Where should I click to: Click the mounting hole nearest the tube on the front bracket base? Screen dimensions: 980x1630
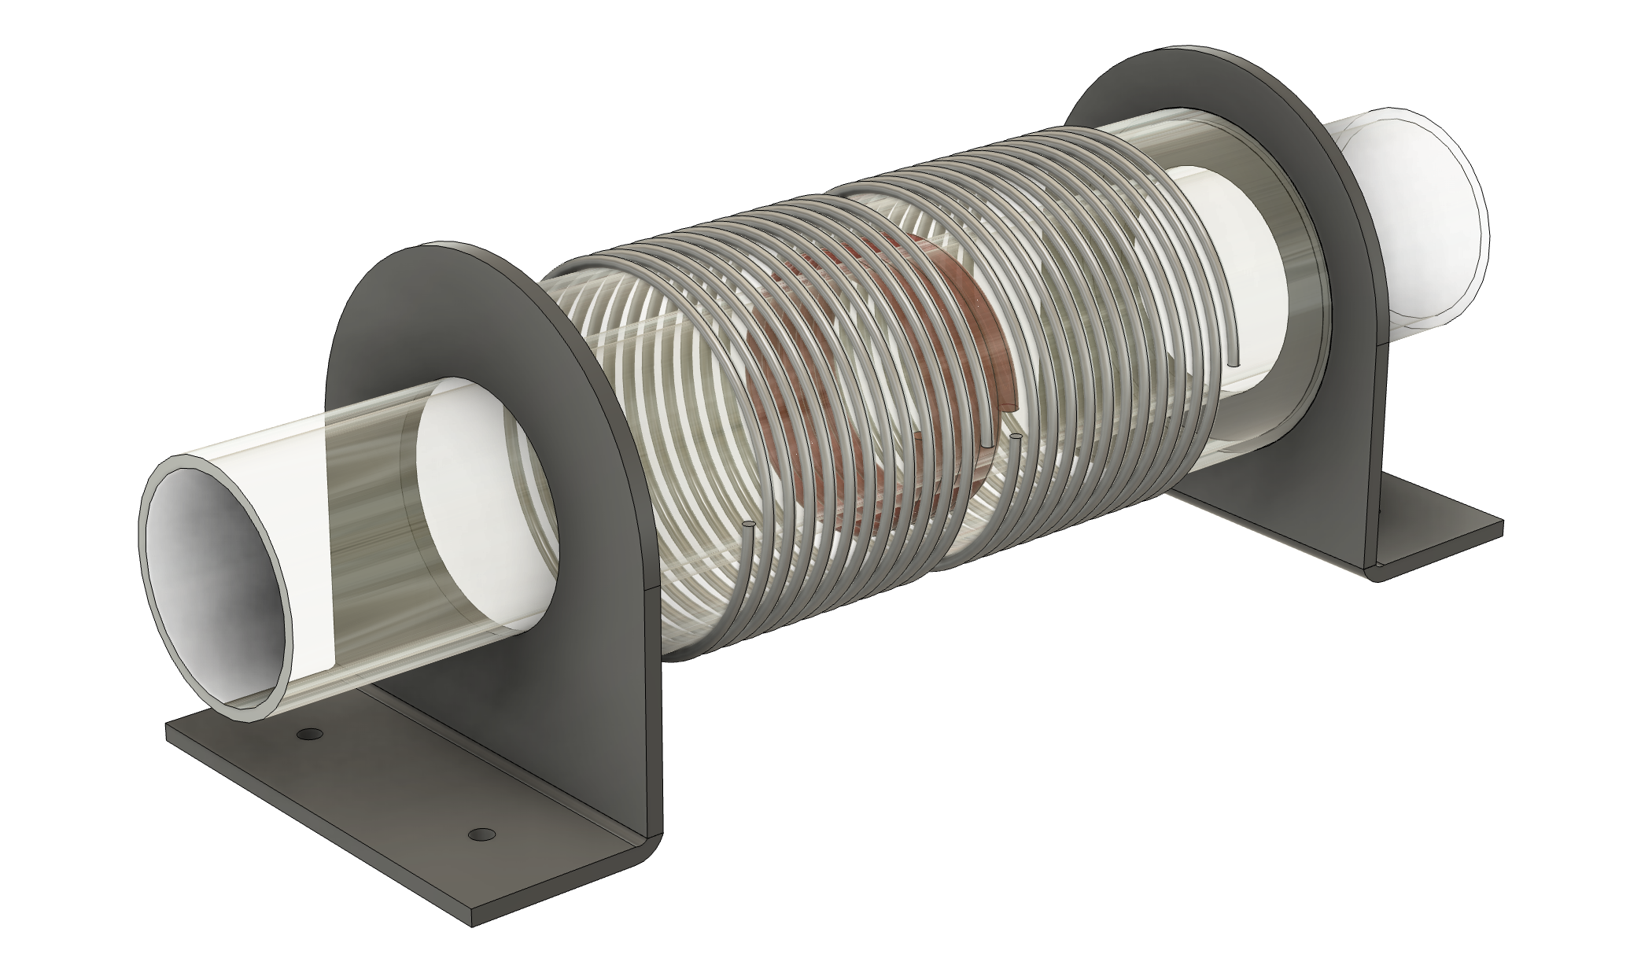pyautogui.click(x=310, y=735)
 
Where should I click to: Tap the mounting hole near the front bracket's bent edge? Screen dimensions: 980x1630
pyautogui.click(x=480, y=833)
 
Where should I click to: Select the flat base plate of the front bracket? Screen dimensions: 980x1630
pyautogui.click(x=378, y=826)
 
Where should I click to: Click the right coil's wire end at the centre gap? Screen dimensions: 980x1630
pyautogui.click(x=1016, y=436)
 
